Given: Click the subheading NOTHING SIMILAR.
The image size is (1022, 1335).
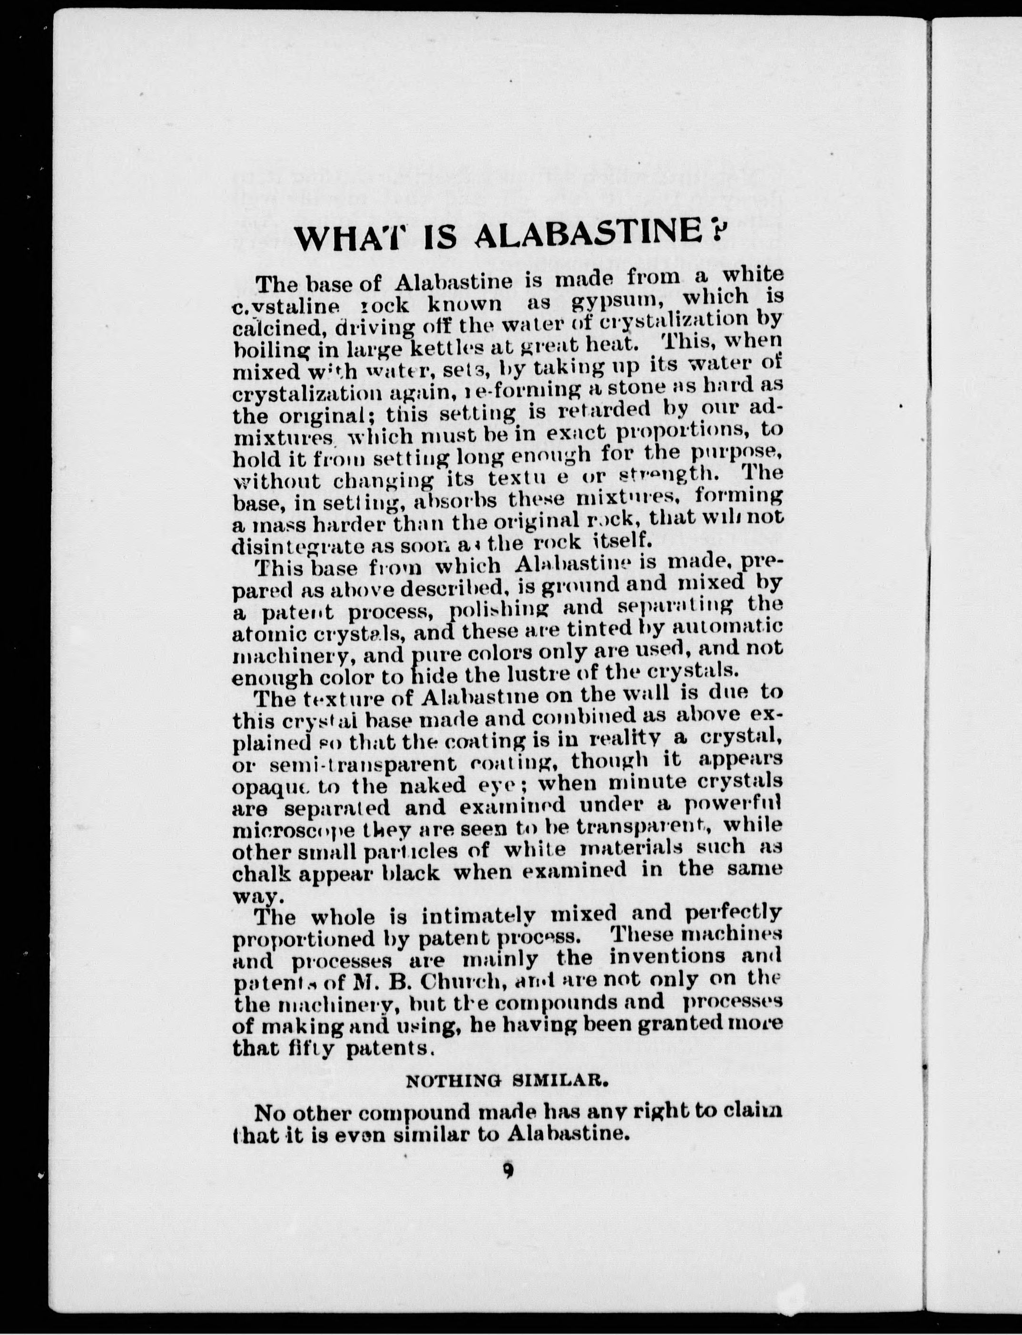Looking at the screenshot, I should (506, 1081).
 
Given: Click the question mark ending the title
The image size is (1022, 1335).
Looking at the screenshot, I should (715, 231).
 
